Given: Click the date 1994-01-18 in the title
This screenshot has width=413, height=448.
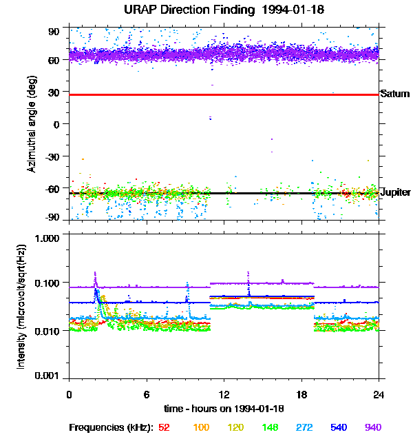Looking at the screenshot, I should (288, 10).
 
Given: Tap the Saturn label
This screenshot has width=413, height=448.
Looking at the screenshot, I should (394, 94).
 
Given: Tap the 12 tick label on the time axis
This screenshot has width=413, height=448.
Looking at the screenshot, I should (224, 394).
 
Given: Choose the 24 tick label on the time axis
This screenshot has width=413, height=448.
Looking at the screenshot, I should (379, 394).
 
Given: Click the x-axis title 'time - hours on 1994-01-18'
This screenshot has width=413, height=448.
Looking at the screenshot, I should (224, 409).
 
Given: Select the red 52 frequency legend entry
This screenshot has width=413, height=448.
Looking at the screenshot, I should (164, 427).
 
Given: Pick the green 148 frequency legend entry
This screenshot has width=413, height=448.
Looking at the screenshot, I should (269, 427).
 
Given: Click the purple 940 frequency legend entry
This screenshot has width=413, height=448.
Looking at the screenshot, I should (373, 427).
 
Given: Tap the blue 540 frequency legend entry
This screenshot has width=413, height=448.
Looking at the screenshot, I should (339, 427).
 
